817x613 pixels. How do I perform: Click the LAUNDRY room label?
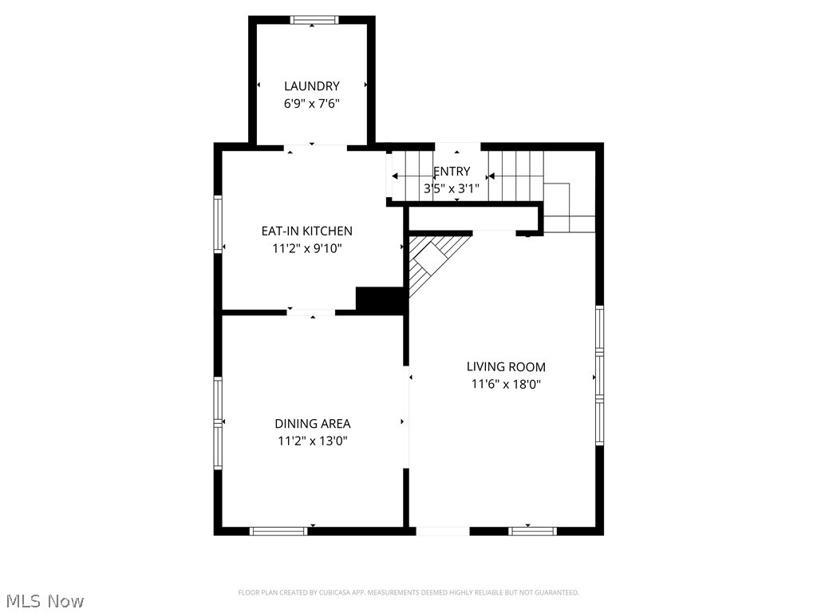pos(311,86)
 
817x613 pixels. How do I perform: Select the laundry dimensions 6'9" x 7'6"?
pos(311,103)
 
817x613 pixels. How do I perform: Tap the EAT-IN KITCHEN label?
pos(306,231)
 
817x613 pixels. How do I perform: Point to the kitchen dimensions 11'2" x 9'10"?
pos(306,248)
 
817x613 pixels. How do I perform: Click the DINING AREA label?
pos(312,424)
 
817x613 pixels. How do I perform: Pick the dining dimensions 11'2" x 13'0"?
pos(312,441)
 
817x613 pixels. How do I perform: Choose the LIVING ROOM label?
pos(506,367)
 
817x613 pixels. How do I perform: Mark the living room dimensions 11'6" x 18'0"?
pos(506,384)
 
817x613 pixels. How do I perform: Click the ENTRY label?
pos(452,172)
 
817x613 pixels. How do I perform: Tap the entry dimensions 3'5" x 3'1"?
pos(452,189)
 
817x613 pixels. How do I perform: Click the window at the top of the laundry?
pos(314,20)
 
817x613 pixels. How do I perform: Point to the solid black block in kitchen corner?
pos(380,300)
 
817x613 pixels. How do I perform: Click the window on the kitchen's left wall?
pos(217,224)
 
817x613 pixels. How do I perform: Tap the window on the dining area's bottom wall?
pos(278,531)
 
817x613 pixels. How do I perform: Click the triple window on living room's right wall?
pos(599,375)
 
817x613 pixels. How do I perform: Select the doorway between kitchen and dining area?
pos(311,311)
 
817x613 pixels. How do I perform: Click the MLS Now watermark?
pos(44,600)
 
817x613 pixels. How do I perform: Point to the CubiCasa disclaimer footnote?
pos(408,592)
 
